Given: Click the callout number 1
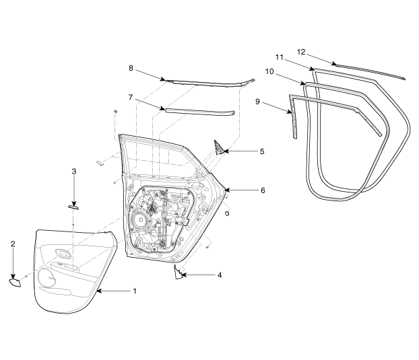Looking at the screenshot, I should pos(134,291).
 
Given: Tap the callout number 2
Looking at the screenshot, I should pos(12,244).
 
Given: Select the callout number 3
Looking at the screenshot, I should pos(74,172).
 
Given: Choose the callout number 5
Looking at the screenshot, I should pos(261,151).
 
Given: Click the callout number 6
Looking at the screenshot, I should pos(262,190).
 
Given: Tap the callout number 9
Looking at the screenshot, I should pos(258,101).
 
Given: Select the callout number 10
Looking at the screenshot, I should pos(270,71).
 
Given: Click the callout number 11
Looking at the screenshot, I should pos(278,58).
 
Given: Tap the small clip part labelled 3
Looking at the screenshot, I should pos(73,208).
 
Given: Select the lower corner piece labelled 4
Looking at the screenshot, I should pos(179,272).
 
